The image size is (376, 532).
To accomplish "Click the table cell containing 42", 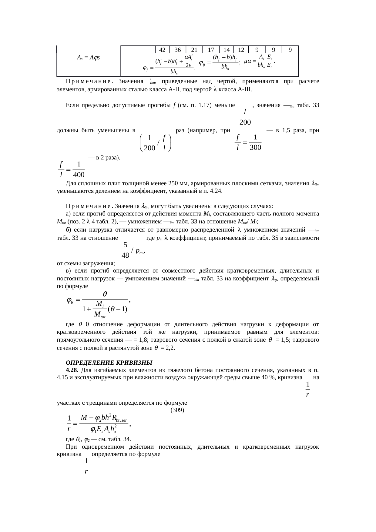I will [162, 50].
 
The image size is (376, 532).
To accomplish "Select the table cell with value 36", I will [178, 50].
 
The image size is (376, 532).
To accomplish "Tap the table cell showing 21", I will [194, 50].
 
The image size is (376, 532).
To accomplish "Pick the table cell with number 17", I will [211, 50].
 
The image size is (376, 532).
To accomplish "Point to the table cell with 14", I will [227, 50].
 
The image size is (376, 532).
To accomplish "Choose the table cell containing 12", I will [241, 50].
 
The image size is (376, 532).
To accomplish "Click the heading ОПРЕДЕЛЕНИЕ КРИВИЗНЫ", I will [109, 363].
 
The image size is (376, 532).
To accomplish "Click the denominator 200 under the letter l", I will [245, 122].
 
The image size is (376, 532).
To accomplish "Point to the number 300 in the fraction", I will [256, 148].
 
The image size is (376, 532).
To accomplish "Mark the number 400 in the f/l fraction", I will [79, 175].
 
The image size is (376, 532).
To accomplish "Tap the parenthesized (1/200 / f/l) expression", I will [155, 143].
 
